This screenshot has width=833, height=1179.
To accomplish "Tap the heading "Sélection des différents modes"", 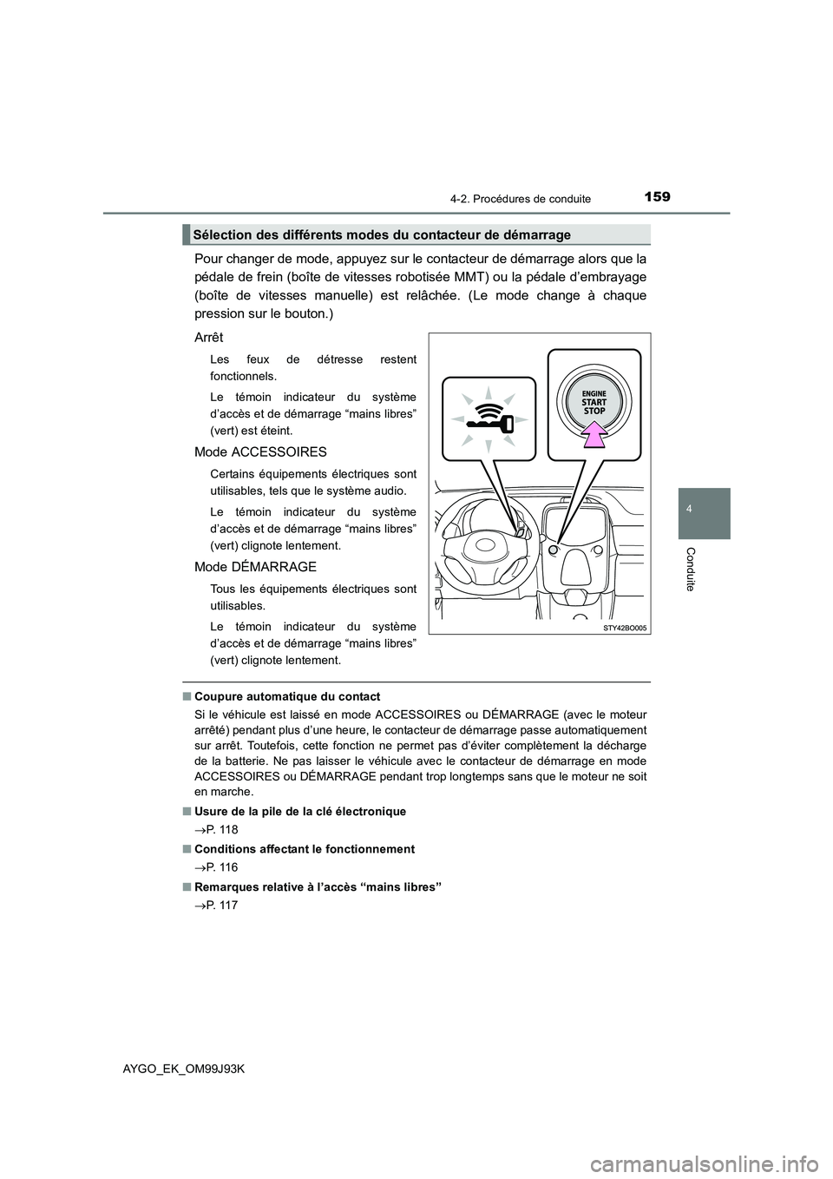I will [x=382, y=235].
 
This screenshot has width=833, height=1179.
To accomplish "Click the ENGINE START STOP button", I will [x=594, y=402].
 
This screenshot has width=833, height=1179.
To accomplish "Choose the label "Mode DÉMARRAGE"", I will [x=255, y=566].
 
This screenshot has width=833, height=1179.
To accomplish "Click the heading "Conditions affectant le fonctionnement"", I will [x=305, y=849].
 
